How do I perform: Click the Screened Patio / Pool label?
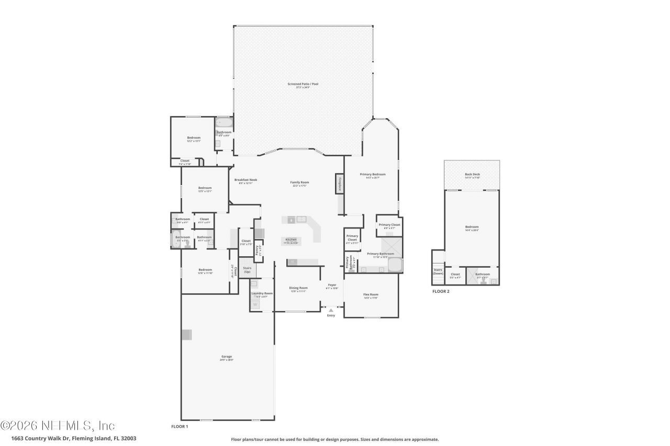tap(303, 84)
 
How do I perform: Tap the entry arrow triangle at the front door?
tap(330, 310)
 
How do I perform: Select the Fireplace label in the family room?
tap(339, 185)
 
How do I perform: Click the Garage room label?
tap(227, 357)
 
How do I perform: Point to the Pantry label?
tap(257, 250)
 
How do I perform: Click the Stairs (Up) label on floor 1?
tap(247, 270)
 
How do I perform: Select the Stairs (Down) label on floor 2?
tap(438, 271)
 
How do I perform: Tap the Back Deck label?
tap(472, 175)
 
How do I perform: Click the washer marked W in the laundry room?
tap(255, 305)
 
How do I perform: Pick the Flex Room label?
tap(371, 294)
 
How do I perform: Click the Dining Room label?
tap(298, 288)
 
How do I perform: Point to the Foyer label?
tap(332, 285)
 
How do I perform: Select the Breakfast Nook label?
tap(245, 180)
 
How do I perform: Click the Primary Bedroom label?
tap(373, 174)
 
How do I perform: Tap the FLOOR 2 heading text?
tap(441, 291)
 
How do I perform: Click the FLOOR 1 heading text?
tap(180, 427)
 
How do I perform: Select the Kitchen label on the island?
tap(291, 239)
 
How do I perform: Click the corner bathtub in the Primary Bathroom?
tap(395, 265)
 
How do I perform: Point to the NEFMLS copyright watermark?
tap(58, 425)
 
